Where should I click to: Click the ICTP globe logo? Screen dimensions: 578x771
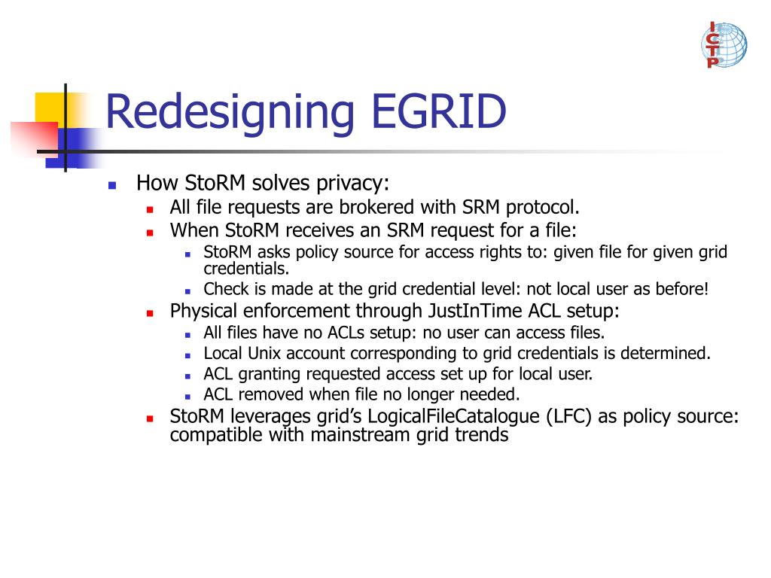coord(724,45)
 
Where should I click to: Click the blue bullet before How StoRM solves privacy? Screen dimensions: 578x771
coord(112,184)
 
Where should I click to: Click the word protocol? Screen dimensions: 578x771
coord(543,207)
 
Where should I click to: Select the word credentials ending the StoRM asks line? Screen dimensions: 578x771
coord(246,269)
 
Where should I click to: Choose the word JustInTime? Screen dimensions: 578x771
coord(472,311)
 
